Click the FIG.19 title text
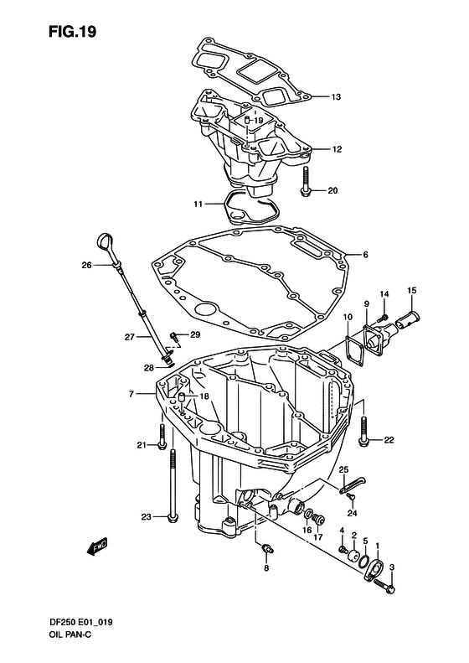pyautogui.click(x=72, y=31)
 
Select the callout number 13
pyautogui.click(x=336, y=97)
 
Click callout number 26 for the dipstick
pyautogui.click(x=86, y=266)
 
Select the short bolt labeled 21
pyautogui.click(x=162, y=437)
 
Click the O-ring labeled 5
pyautogui.click(x=363, y=561)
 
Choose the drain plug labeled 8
pyautogui.click(x=266, y=549)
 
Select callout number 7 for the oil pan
pyautogui.click(x=131, y=394)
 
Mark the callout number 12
pyautogui.click(x=337, y=149)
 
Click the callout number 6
pyautogui.click(x=365, y=255)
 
